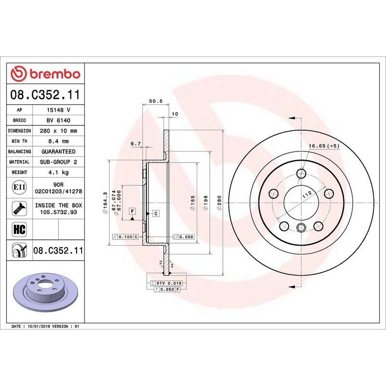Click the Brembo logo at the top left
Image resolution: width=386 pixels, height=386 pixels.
coord(45,74)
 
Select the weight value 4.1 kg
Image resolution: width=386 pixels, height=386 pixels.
coord(58,172)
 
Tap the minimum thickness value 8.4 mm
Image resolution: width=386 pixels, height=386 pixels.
coord(58,141)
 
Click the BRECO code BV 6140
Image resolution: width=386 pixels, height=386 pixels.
coord(58,120)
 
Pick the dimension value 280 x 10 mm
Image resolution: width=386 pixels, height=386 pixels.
coord(58,131)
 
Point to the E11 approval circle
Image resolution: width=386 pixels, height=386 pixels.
coord(19,187)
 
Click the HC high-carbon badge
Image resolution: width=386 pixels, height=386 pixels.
coord(19,229)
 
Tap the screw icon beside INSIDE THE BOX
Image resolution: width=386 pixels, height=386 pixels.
coord(19,208)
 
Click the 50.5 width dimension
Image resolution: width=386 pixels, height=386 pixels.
coord(156,101)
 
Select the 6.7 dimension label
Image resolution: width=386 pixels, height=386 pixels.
coord(136,143)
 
